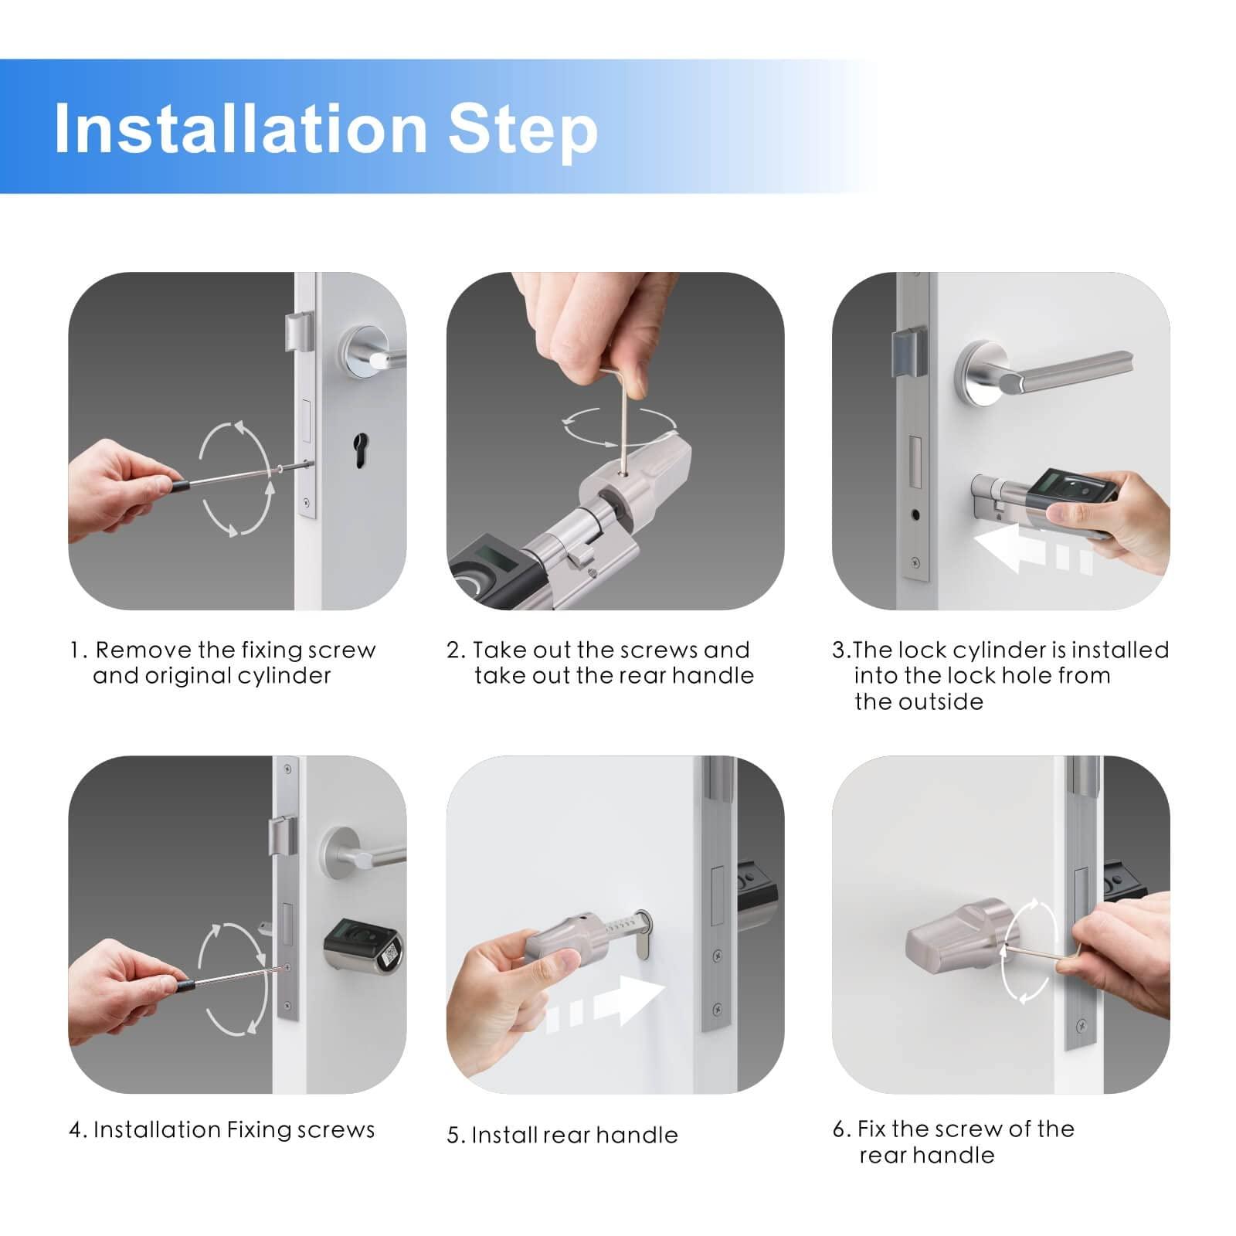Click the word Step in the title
tap(523, 131)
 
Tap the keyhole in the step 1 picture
tap(360, 450)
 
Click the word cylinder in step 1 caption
tap(284, 677)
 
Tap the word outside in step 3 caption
tap(938, 702)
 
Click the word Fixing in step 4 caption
tap(258, 1131)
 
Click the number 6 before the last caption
tap(840, 1129)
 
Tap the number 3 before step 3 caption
tap(838, 650)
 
